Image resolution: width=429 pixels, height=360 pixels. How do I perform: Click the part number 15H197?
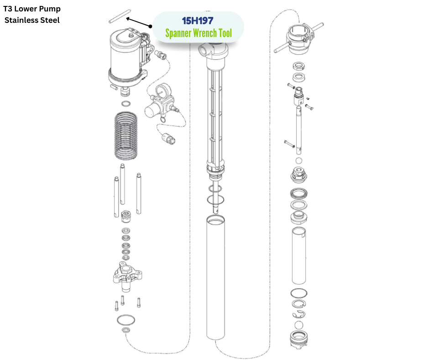tap(198, 21)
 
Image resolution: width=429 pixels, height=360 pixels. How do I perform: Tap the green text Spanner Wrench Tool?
tap(199, 33)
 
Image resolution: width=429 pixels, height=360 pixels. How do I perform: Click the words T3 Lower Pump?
tap(32, 9)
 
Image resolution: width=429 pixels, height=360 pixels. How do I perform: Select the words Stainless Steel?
tap(32, 20)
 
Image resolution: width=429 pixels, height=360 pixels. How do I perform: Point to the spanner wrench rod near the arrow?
tap(120, 16)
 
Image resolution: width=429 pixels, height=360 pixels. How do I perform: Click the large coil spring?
tap(126, 135)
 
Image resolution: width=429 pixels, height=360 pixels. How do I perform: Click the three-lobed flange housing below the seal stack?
tap(127, 276)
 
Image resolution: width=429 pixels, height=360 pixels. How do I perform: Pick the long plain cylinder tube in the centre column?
tap(215, 277)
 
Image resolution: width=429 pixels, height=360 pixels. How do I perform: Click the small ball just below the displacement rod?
tap(299, 160)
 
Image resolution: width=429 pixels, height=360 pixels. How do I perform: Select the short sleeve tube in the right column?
tap(299, 255)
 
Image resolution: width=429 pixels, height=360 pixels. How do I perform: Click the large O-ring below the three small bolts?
tap(126, 319)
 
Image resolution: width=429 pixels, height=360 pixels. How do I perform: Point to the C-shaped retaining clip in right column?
tap(298, 314)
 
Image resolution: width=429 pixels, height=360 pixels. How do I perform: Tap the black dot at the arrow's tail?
tap(150, 26)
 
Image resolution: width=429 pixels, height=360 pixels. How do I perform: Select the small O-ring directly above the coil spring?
tap(126, 104)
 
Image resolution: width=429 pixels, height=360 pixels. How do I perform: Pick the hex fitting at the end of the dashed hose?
tap(168, 138)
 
